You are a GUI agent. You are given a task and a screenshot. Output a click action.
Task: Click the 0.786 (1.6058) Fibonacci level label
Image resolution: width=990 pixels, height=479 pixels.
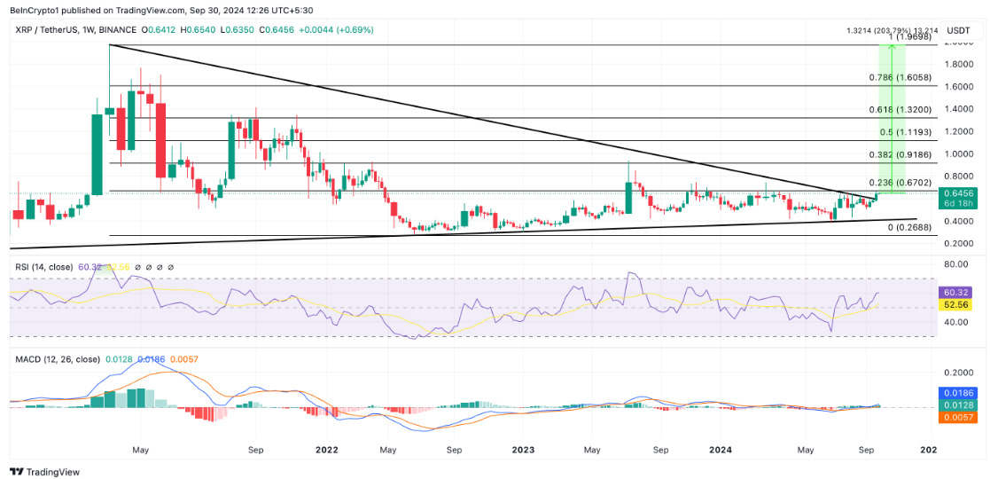click(x=900, y=78)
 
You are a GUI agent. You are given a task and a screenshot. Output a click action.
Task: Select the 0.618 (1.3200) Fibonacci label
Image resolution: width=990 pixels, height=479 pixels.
click(x=900, y=110)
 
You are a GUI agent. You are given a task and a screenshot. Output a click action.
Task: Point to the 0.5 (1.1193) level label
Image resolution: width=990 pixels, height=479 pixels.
click(x=906, y=132)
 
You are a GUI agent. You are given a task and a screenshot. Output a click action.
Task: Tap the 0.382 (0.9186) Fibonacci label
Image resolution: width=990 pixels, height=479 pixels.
click(x=900, y=154)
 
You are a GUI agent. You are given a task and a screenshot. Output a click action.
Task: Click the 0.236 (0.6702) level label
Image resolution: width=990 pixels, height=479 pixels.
click(x=900, y=182)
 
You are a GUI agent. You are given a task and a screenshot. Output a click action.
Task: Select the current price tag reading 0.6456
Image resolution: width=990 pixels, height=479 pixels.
click(x=958, y=192)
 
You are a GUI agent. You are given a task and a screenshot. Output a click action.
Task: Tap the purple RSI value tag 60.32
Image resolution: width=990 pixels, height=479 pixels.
click(x=958, y=292)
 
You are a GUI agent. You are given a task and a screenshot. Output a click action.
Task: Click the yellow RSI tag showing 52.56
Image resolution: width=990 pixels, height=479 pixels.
click(x=958, y=304)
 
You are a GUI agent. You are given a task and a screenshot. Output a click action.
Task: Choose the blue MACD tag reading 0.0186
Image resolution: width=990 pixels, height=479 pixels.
click(x=958, y=391)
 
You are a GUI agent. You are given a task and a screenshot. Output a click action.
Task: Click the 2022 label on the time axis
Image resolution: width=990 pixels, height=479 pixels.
click(x=327, y=450)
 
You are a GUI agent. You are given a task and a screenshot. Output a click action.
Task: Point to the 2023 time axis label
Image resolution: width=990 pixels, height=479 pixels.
click(x=524, y=450)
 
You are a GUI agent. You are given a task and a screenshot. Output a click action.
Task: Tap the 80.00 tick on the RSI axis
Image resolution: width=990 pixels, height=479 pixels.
click(x=955, y=264)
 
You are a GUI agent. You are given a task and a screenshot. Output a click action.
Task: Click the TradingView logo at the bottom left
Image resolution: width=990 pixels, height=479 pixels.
click(x=44, y=472)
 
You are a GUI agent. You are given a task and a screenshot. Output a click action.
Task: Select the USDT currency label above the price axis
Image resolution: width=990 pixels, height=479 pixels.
click(x=958, y=30)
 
